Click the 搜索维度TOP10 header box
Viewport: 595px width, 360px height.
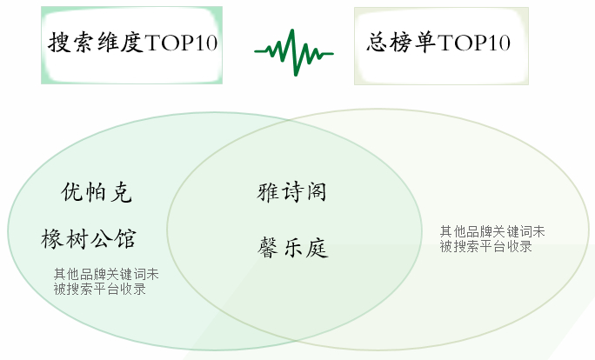coord(131,45)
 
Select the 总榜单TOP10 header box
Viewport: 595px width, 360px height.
coord(441,46)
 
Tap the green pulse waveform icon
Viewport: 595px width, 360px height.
coord(294,52)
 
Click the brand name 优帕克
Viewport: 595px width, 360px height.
coord(97,192)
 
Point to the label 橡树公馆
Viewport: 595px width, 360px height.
coord(89,239)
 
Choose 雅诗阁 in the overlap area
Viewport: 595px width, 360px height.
coord(291,191)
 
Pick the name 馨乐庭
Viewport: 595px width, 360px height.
coord(292,248)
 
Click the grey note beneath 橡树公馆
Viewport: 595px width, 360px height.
coord(106,282)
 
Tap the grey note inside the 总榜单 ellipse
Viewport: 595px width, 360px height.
coord(492,239)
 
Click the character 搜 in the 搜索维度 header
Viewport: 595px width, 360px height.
coord(59,42)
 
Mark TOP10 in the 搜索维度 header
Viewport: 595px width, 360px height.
coord(181,43)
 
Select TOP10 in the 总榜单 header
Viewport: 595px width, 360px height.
coord(474,43)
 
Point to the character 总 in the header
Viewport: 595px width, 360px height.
coord(377,42)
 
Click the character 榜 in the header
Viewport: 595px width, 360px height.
coord(401,42)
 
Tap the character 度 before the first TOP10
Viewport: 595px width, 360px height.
coord(132,42)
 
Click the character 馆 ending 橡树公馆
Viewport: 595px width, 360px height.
coord(125,239)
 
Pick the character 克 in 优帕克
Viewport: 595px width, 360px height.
coord(122,192)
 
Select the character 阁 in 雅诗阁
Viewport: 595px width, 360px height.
coord(316,191)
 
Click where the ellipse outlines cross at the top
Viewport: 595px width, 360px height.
coord(289,121)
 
